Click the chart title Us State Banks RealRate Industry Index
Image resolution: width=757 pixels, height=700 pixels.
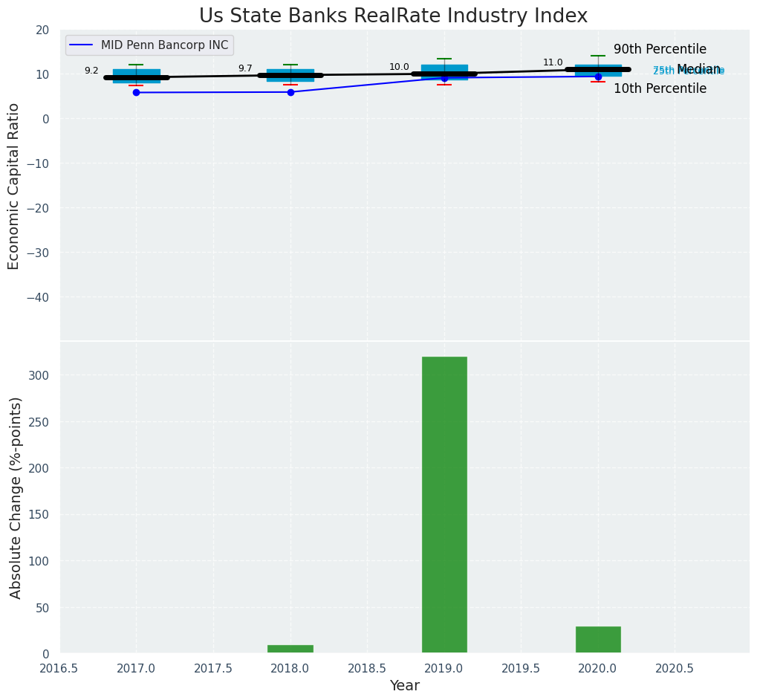(393, 16)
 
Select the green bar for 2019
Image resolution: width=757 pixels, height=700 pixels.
(444, 505)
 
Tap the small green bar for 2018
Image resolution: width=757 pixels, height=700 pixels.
(290, 649)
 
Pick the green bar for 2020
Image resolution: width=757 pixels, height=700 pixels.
(598, 640)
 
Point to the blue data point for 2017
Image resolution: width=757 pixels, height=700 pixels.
(136, 92)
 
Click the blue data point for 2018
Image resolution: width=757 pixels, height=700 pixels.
(290, 92)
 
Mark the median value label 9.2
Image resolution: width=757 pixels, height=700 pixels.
(91, 71)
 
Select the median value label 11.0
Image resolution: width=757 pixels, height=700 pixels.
(553, 62)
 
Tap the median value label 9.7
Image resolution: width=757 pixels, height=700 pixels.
(245, 68)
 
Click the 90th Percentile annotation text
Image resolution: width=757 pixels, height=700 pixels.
(660, 50)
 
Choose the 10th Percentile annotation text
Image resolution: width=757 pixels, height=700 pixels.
(660, 88)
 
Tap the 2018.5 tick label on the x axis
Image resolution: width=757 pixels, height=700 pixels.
(367, 668)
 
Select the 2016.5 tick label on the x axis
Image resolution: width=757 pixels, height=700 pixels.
(59, 668)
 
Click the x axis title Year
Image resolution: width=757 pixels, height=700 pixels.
(405, 686)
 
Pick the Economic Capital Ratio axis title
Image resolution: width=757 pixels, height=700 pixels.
(14, 186)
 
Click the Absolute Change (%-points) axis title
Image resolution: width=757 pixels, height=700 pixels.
(16, 497)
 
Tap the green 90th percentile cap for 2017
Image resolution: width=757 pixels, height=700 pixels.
(136, 65)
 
